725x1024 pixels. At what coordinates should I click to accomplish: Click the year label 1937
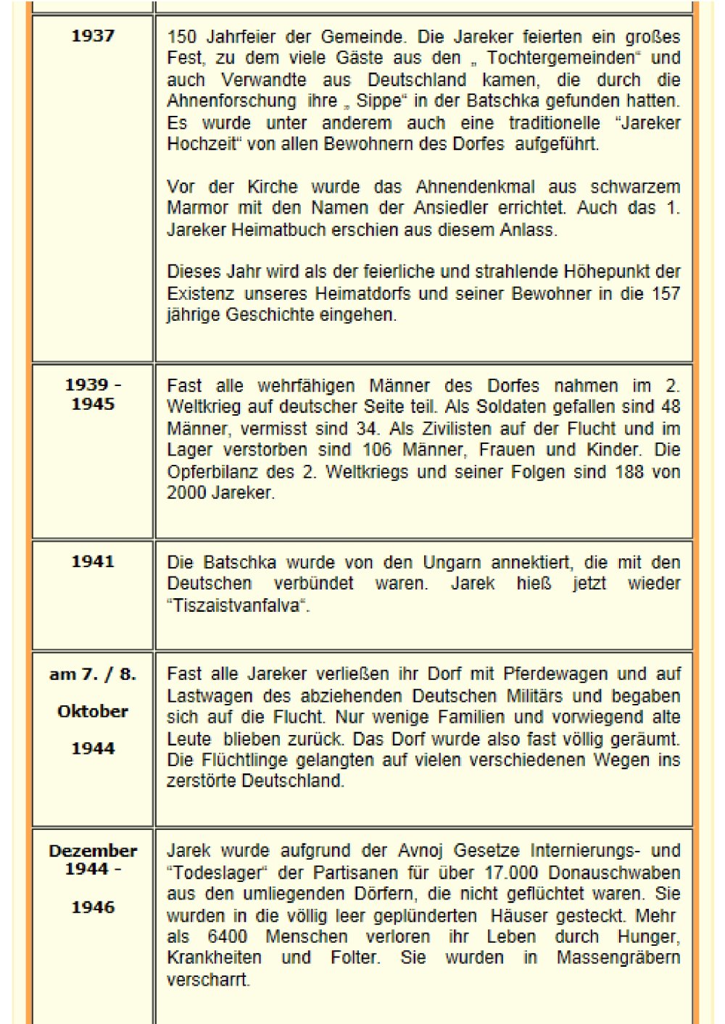point(93,35)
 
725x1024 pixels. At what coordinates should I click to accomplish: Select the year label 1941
point(93,561)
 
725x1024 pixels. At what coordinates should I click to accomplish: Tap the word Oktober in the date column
point(93,711)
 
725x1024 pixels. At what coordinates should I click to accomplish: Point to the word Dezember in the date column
point(93,851)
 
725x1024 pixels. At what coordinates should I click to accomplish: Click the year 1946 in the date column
point(93,907)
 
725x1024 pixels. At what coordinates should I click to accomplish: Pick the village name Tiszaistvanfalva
point(236,605)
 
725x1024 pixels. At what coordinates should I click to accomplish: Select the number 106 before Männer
point(376,450)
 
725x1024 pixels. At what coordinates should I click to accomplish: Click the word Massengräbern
point(618,957)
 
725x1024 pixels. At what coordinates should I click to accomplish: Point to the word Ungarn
point(450,563)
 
